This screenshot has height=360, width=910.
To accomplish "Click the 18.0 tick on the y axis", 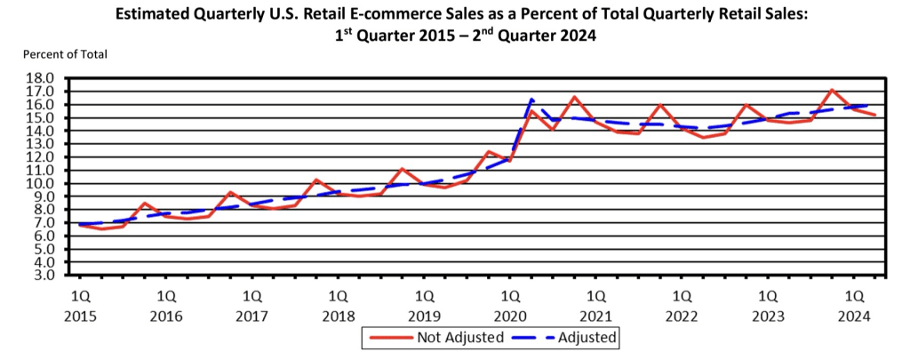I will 45,78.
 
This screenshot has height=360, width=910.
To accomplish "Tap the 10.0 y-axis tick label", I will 45,183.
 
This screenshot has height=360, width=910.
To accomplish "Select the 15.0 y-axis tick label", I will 45,117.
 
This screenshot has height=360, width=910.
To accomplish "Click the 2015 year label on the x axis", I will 81,315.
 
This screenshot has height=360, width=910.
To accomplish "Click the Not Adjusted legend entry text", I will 460,338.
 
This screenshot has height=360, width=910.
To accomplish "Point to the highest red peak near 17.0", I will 832,90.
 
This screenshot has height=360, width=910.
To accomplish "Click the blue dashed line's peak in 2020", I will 531,99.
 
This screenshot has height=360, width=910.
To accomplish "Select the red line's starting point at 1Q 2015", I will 81,225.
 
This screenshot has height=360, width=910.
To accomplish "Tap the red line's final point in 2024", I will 875,115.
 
